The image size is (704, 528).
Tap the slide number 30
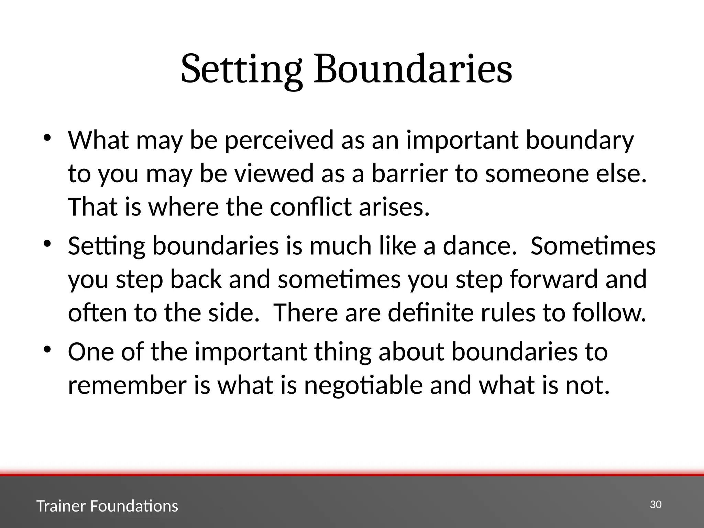[x=656, y=505]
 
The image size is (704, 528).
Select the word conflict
[x=310, y=207]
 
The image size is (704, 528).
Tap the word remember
[x=127, y=385]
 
